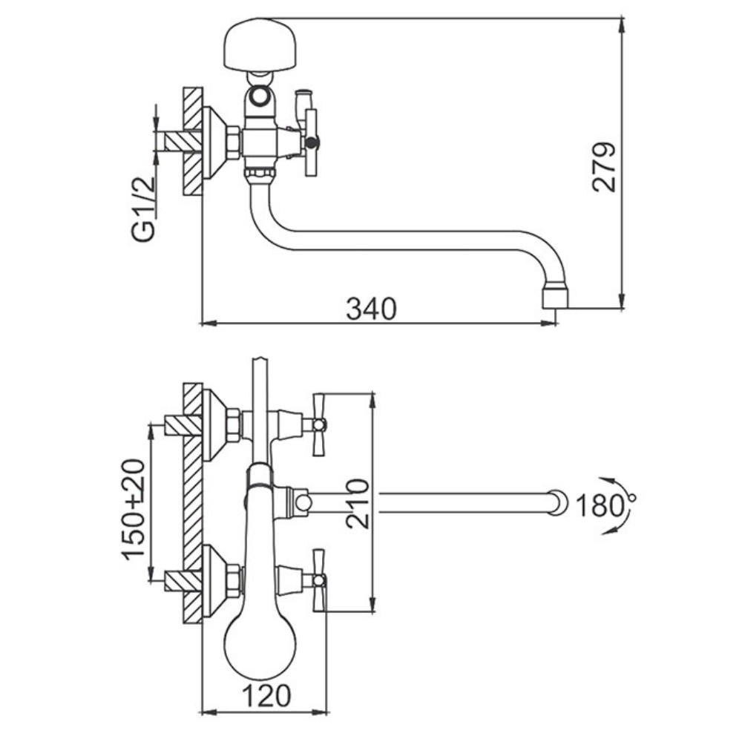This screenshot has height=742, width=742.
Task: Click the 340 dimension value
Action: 371,309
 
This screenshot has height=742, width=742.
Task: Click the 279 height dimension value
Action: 605,166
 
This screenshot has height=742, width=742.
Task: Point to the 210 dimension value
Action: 358,503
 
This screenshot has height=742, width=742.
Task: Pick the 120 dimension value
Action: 266,696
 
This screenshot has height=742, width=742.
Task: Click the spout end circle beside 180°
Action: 559,502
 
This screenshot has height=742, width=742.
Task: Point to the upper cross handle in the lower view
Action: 319,424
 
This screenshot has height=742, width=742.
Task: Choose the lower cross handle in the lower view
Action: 319,580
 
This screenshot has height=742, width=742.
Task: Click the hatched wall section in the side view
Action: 193,141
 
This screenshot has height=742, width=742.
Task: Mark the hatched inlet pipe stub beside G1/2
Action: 183,142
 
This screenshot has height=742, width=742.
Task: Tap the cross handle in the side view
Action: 311,142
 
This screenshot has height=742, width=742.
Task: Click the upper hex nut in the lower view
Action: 234,424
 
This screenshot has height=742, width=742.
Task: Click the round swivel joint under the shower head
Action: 259,96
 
